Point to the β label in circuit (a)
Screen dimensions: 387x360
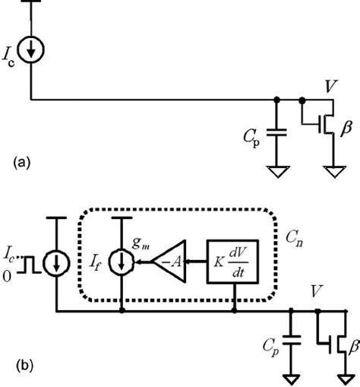pyautogui.click(x=346, y=130)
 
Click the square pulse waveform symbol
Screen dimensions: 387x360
pyautogui.click(x=29, y=268)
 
